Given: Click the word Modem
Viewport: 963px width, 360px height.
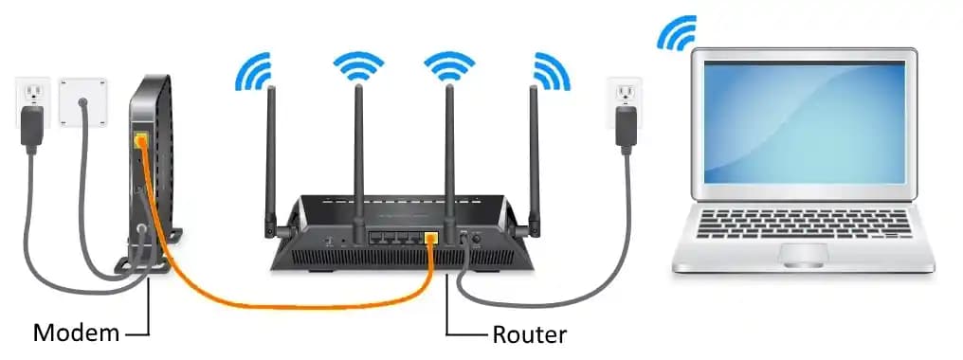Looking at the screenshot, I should pyautogui.click(x=77, y=333).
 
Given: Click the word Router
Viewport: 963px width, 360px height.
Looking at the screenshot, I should pyautogui.click(x=529, y=333).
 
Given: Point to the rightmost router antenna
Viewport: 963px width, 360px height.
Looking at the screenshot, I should pyautogui.click(x=533, y=152).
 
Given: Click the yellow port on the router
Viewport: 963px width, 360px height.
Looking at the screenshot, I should pyautogui.click(x=430, y=238).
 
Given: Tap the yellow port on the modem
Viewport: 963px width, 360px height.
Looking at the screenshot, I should pyautogui.click(x=140, y=141).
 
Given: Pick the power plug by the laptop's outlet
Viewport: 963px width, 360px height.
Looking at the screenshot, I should pyautogui.click(x=625, y=125).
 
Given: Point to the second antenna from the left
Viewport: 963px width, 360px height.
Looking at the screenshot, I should pyautogui.click(x=358, y=152).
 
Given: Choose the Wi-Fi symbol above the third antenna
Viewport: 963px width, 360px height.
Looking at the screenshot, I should pyautogui.click(x=448, y=64).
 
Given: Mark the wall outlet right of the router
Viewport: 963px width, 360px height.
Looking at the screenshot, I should pyautogui.click(x=625, y=93).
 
